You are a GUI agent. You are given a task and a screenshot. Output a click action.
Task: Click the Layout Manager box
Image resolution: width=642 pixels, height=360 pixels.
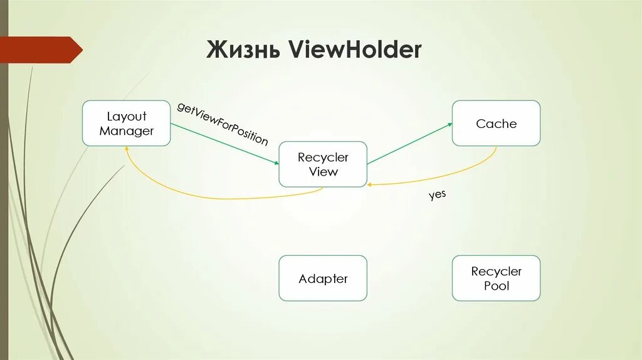tap(126, 123)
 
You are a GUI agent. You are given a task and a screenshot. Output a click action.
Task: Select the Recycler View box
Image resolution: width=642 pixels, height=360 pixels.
tap(323, 164)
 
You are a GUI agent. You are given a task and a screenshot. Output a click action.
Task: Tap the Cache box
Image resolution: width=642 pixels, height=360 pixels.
tap(496, 123)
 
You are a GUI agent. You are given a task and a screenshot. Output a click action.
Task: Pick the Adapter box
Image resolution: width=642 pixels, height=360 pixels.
tap(323, 278)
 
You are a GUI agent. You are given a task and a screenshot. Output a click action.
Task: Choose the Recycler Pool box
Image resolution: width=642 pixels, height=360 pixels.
tap(496, 278)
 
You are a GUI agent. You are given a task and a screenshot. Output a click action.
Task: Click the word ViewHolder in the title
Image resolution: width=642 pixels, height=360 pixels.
tap(355, 50)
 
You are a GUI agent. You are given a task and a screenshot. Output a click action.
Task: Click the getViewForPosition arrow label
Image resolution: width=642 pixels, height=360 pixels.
tap(223, 124)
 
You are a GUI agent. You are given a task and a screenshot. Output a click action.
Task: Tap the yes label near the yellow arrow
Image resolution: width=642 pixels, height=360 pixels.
tap(437, 195)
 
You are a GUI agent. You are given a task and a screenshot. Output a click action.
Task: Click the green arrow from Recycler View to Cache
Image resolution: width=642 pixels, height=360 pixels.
tap(409, 144)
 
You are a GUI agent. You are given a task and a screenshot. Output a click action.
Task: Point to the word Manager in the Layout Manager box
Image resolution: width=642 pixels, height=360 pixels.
tap(126, 131)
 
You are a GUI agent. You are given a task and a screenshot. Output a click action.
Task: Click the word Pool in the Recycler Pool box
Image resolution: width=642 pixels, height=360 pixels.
tap(496, 286)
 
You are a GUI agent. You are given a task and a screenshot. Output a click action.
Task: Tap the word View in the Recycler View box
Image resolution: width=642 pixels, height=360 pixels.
tap(323, 172)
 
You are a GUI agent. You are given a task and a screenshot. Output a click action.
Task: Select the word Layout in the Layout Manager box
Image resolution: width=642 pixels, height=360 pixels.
tap(126, 116)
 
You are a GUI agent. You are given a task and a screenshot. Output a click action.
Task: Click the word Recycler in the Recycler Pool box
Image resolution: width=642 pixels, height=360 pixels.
tap(496, 272)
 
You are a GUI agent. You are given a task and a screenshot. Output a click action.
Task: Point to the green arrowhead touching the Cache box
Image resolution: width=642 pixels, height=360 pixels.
tap(449, 125)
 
